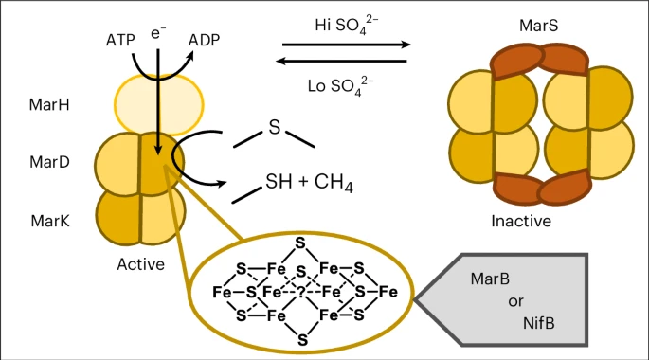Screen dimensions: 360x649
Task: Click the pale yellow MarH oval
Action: (x=159, y=103)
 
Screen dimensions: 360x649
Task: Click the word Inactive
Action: (x=521, y=221)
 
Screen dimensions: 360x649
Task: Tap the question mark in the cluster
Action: (x=300, y=292)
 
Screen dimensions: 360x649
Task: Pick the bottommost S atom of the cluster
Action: (x=300, y=338)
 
